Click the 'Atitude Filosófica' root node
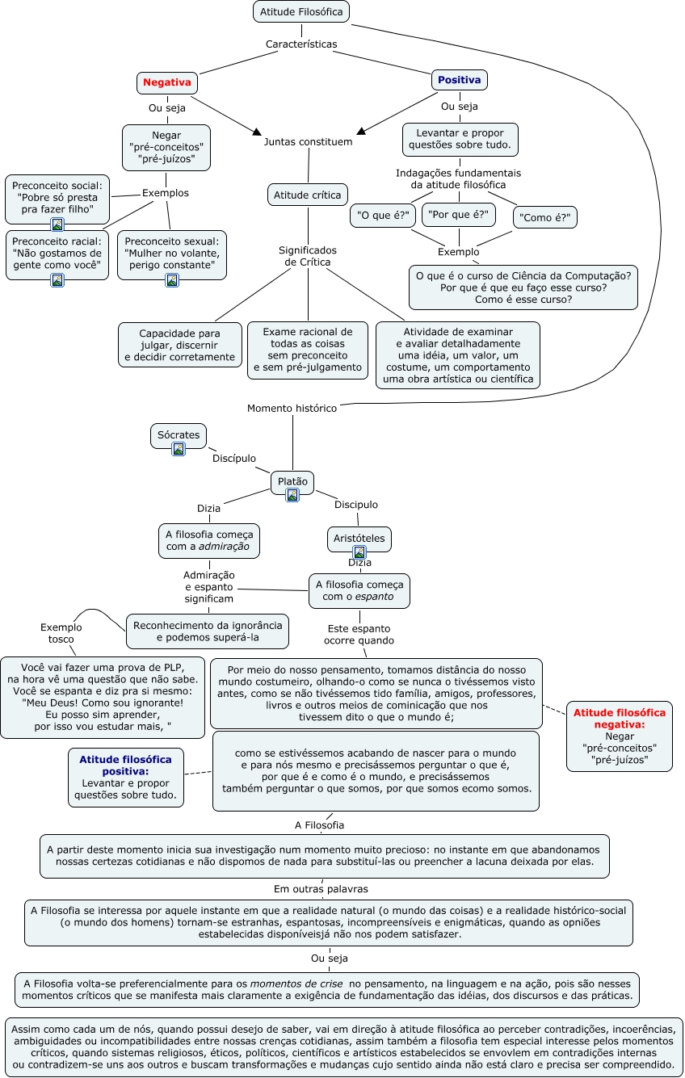click(x=301, y=11)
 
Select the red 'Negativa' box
click(x=167, y=82)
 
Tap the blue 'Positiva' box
click(x=459, y=80)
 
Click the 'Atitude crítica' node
click(x=308, y=195)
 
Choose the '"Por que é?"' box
click(x=459, y=215)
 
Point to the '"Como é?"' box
click(x=545, y=217)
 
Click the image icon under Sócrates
click(x=179, y=449)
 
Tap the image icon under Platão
click(x=292, y=495)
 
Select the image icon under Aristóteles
click(x=359, y=552)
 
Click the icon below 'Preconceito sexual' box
click(x=172, y=280)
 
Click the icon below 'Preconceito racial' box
click(x=57, y=280)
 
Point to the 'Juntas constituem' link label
click(x=309, y=142)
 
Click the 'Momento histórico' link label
click(x=292, y=408)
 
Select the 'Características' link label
click(x=301, y=44)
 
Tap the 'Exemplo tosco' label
click(x=61, y=633)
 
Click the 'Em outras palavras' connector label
click(x=321, y=889)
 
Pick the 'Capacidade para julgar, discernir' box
click(x=180, y=345)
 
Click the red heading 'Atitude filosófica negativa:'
click(x=620, y=719)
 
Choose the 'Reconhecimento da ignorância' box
click(x=208, y=631)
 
